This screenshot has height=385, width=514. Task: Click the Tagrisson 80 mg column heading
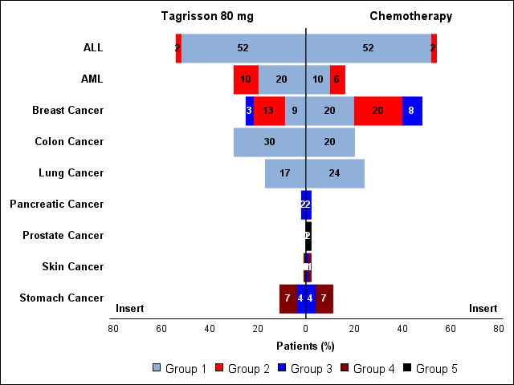(x=207, y=16)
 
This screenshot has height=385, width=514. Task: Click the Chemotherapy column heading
(x=410, y=16)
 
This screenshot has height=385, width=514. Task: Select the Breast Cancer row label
(x=67, y=111)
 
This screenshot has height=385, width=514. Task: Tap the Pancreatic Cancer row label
(x=56, y=205)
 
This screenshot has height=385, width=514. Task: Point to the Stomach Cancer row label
(x=61, y=298)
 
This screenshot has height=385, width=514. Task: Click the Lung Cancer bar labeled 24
(x=335, y=173)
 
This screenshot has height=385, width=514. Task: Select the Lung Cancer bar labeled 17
(x=285, y=173)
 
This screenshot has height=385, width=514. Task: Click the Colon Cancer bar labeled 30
(x=269, y=142)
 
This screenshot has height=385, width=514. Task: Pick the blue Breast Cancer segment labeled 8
(x=412, y=111)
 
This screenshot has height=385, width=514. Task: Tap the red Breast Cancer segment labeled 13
(x=269, y=111)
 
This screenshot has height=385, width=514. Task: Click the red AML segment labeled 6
(x=337, y=79)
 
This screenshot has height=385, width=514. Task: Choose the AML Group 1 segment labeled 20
(x=281, y=79)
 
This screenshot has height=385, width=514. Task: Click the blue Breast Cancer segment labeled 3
(x=250, y=111)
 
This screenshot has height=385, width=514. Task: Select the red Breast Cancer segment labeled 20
(x=377, y=111)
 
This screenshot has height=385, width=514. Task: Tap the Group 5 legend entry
(x=430, y=369)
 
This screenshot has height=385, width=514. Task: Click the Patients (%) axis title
(x=305, y=346)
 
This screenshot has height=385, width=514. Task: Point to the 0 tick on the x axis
(x=305, y=328)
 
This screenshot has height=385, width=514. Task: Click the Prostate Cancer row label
(x=63, y=236)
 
